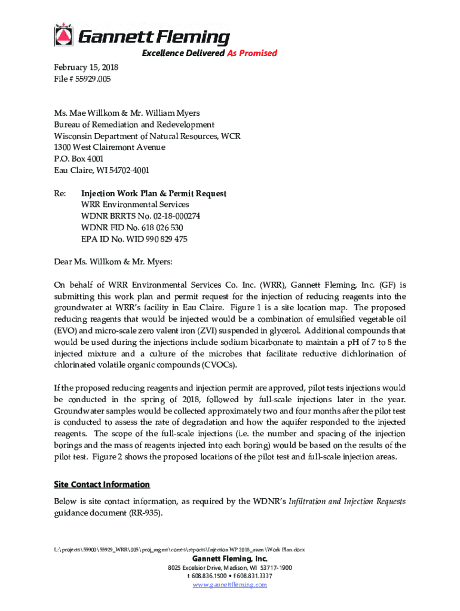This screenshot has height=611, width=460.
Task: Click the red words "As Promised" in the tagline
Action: tap(252, 53)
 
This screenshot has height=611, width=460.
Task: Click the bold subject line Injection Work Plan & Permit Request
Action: tap(154, 193)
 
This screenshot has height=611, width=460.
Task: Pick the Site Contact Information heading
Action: tap(102, 484)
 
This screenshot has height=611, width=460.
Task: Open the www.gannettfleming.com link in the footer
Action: tap(229, 585)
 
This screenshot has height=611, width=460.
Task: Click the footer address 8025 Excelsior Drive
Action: tap(198, 567)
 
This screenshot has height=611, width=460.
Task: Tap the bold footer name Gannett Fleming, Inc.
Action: tap(229, 558)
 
